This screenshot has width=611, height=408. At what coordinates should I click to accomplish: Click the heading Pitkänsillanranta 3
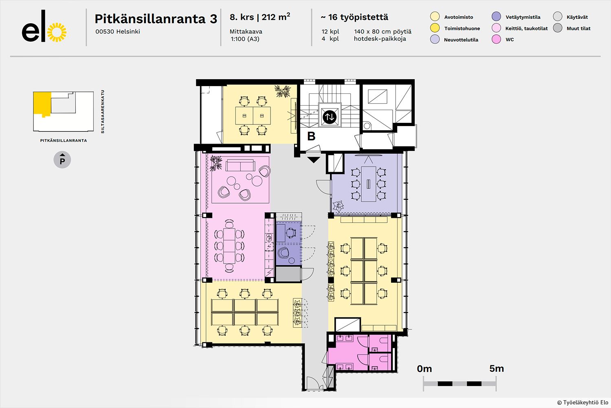pos(156,19)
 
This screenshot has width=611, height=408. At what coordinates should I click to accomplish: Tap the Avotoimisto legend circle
pos(435,16)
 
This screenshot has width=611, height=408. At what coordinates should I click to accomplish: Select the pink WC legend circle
pos(496,39)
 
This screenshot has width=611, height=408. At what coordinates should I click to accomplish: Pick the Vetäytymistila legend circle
pos(496,16)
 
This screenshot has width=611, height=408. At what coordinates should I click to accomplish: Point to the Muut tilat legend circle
pos(558,28)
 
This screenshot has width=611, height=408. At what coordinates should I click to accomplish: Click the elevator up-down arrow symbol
pos(330,117)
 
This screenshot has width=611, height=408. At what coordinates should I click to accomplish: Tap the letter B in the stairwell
pos(311,136)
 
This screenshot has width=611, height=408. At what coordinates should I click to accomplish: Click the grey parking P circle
pos(62,160)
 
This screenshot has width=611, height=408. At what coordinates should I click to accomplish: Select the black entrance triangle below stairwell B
pos(314,160)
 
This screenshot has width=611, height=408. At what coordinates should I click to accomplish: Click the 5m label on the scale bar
pos(497,369)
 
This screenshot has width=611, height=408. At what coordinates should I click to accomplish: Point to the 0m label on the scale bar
pos(424,369)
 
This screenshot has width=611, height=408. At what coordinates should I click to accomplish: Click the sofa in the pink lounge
pos(240,165)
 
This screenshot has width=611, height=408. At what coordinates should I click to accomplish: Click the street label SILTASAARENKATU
pos(103,111)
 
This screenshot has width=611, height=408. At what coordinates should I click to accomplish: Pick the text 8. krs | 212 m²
pos(260,17)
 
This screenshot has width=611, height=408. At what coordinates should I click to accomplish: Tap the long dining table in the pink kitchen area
pos(229,246)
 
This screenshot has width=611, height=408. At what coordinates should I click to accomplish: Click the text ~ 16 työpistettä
pos(354,17)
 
